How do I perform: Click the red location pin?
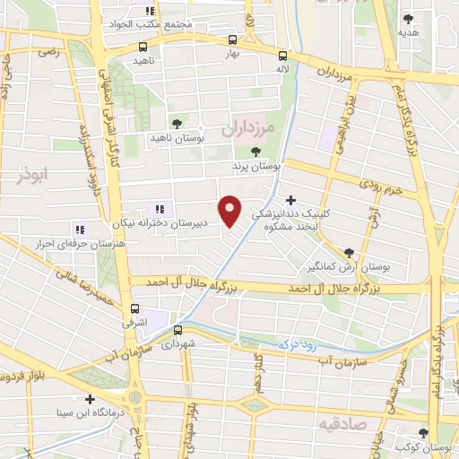[231, 211]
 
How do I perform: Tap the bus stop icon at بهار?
[233, 39]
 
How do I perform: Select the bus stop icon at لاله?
[282, 54]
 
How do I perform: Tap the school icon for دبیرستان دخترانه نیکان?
[160, 208]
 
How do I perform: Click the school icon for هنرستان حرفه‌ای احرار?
[80, 229]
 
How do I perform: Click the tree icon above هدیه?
[409, 17]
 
